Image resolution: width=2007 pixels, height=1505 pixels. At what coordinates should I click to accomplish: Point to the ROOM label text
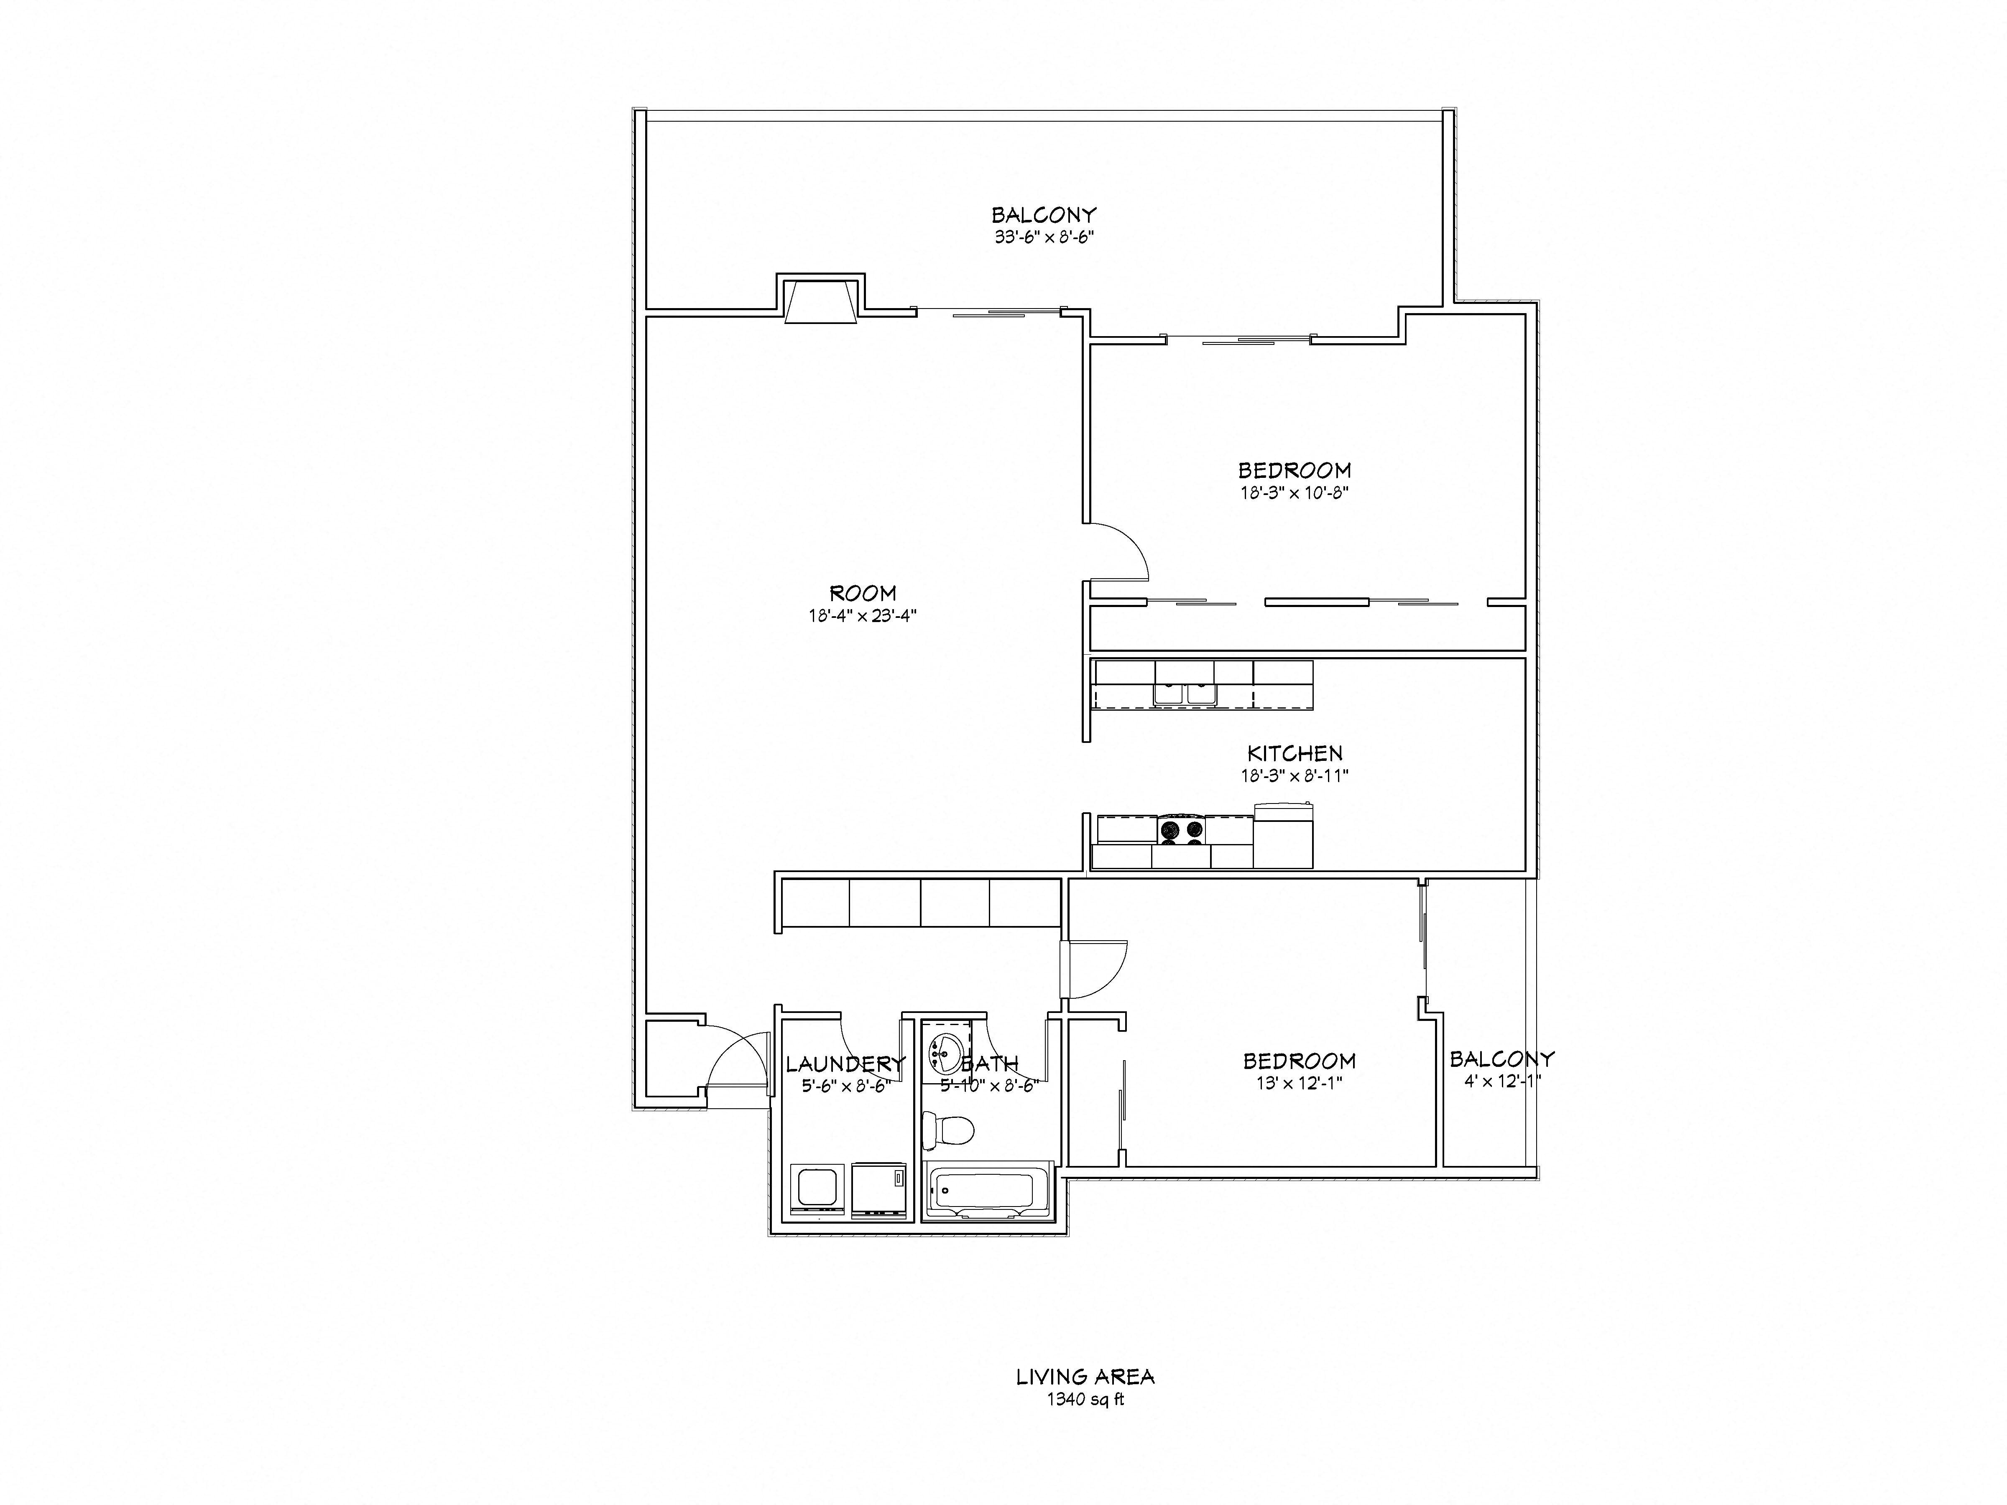[x=863, y=593]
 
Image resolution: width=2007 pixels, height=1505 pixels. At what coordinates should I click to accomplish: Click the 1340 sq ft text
[x=1085, y=1400]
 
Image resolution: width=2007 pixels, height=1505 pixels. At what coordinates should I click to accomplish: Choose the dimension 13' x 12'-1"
[x=1298, y=1083]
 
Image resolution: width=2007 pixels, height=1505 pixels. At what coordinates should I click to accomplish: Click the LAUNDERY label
[x=845, y=1063]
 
